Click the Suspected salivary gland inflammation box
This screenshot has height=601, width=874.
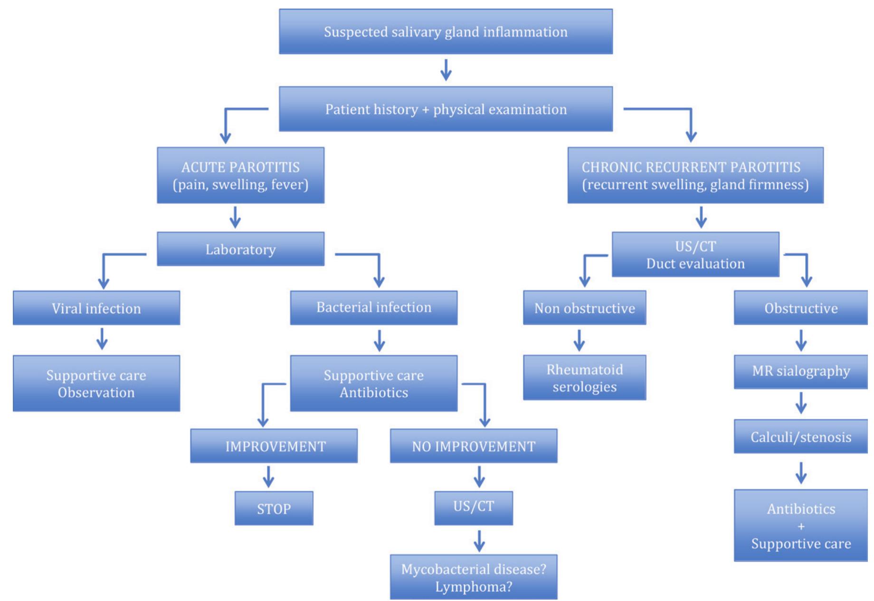click(446, 32)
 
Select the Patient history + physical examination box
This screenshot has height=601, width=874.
click(446, 109)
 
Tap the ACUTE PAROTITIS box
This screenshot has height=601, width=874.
click(240, 175)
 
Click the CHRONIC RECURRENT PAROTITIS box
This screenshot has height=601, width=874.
click(695, 175)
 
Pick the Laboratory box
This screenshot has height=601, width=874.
click(240, 249)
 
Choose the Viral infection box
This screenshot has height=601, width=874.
click(96, 308)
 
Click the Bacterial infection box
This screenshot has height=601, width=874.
click(373, 307)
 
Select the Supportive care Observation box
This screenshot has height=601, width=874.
click(96, 383)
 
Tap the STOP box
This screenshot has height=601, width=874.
click(274, 508)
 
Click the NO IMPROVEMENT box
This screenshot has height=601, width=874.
click(473, 446)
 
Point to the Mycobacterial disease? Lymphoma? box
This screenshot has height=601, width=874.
click(473, 577)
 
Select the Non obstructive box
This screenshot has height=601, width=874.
click(584, 308)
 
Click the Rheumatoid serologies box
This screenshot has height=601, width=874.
click(584, 378)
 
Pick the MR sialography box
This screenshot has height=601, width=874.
click(800, 372)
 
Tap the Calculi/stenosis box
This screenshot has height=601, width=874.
click(800, 436)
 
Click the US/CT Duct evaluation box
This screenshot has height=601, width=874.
click(695, 255)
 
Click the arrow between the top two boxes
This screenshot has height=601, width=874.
click(446, 70)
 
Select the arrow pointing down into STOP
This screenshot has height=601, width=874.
click(268, 477)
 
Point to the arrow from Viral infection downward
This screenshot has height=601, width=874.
click(102, 339)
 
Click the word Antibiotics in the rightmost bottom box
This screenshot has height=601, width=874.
click(800, 509)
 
